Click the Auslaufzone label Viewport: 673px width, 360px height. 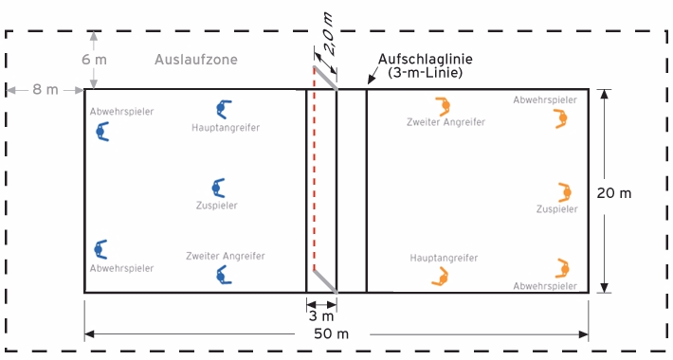[x=195, y=60]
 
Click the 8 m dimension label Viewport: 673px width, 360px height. [x=45, y=90]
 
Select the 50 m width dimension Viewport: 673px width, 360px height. [x=336, y=334]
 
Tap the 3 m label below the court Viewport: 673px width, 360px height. [x=321, y=315]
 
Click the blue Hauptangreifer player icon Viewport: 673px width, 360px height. [x=224, y=109]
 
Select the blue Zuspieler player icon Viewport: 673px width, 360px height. [x=218, y=188]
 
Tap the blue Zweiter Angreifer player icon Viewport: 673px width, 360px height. [x=224, y=274]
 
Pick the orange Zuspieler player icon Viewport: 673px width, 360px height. [x=565, y=192]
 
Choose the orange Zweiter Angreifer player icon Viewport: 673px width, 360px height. [x=443, y=105]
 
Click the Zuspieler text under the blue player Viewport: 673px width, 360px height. [x=218, y=205]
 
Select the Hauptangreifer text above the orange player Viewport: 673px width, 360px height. [x=444, y=257]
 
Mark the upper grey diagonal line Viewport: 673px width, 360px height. [x=325, y=77]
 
